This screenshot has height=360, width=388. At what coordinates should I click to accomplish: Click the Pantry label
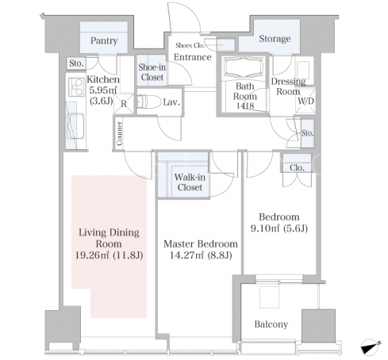(104, 40)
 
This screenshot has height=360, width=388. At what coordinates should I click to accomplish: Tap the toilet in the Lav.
(148, 102)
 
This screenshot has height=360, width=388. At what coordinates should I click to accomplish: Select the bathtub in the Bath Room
(244, 67)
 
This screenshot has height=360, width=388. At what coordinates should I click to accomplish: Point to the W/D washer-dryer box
(305, 101)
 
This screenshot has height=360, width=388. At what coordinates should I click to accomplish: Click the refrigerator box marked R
(124, 104)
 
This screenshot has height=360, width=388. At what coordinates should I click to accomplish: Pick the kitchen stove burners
(76, 87)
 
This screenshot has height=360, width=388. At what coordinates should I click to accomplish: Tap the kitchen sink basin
(75, 126)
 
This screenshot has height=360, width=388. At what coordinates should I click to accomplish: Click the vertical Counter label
(120, 133)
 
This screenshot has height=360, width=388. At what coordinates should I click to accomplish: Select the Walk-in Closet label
(190, 182)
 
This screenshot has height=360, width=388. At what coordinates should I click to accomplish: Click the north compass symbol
(371, 346)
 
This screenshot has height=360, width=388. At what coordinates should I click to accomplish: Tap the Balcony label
(271, 324)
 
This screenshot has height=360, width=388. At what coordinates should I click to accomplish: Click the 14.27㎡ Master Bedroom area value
(186, 255)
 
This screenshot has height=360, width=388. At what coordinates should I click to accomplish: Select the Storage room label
(275, 39)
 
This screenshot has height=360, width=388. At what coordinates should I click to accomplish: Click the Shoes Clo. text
(190, 45)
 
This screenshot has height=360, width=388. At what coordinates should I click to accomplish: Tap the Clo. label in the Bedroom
(297, 167)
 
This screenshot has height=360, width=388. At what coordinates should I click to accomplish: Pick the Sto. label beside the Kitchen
(76, 63)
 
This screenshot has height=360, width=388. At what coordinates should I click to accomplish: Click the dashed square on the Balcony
(269, 297)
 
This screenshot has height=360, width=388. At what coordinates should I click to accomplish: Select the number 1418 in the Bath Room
(245, 105)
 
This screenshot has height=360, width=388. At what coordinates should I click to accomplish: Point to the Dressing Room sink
(303, 71)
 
